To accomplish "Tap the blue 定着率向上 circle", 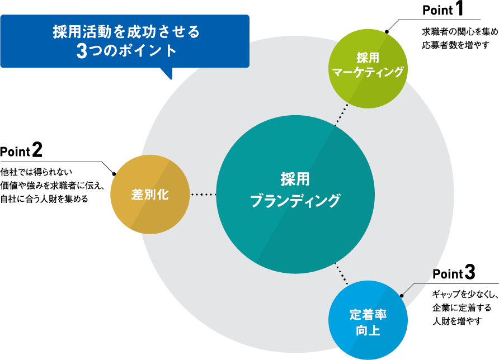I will pos(368,321).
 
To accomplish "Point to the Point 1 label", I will pos(442,11).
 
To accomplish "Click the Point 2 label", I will pos(21,150).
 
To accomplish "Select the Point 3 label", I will pos(454,274).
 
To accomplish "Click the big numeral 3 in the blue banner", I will pos(82,51).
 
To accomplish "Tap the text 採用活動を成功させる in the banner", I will pos(126,31).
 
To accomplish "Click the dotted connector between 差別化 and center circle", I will pos(203,195).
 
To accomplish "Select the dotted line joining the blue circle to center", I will pos(341,273).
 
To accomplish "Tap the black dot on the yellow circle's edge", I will pos(114,173).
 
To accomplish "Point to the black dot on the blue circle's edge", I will pos(402,295).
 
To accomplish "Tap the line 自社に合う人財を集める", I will pos(44,198).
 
